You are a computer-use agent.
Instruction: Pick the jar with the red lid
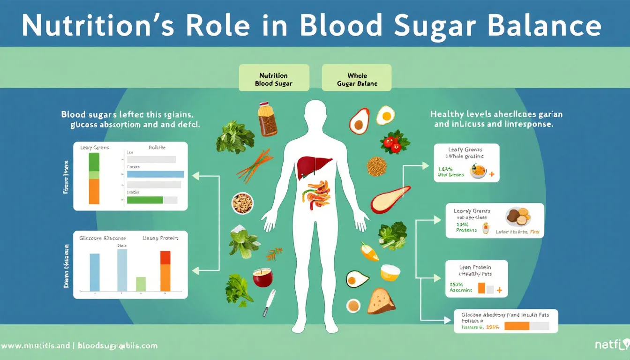tap(267, 119)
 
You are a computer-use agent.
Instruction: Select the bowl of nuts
tap(242, 203)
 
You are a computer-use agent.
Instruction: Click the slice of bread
tap(380, 301)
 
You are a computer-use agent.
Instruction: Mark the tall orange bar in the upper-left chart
tap(94, 191)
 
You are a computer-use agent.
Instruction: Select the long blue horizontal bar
tap(156, 174)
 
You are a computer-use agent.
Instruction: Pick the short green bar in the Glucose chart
tap(141, 284)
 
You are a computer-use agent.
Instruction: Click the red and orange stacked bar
tap(165, 271)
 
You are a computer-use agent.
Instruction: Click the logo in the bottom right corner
tap(609, 345)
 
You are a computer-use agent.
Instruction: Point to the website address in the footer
tap(79, 346)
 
